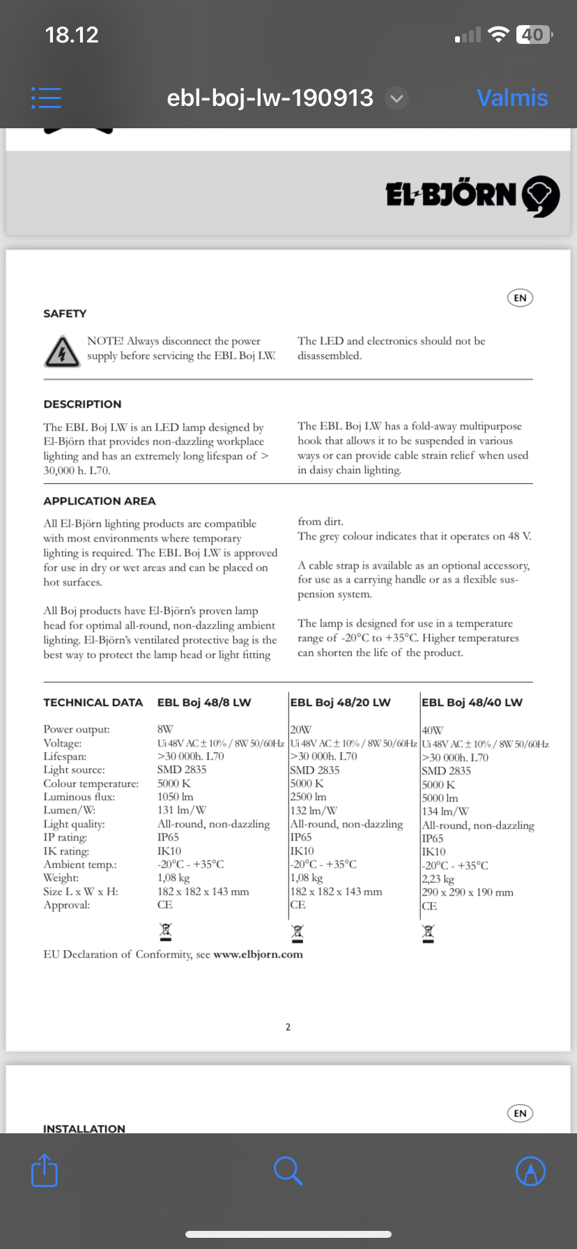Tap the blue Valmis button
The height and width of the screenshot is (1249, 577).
click(x=512, y=98)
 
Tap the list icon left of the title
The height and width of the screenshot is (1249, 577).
click(x=46, y=98)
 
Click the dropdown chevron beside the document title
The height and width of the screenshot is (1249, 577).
click(x=397, y=98)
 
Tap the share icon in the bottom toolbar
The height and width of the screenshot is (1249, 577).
click(x=45, y=1170)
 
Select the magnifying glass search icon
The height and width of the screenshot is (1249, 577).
click(x=287, y=1170)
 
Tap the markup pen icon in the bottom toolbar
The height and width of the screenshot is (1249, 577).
click(x=530, y=1171)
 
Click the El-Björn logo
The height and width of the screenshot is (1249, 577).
click(x=472, y=194)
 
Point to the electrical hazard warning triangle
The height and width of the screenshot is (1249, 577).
click(x=61, y=351)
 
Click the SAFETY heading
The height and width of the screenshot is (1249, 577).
click(x=65, y=314)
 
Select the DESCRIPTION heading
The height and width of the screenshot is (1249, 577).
click(x=82, y=404)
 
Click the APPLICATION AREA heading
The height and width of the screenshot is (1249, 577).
click(x=100, y=501)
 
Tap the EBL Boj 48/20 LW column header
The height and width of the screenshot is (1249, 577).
click(x=340, y=703)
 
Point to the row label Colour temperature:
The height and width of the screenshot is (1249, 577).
click(x=91, y=783)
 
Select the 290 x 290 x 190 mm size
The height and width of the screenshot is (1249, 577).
click(x=468, y=892)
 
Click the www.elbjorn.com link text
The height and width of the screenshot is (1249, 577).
click(x=258, y=954)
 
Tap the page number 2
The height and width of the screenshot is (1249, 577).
click(x=288, y=1027)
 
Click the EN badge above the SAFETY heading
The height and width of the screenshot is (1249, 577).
click(x=520, y=298)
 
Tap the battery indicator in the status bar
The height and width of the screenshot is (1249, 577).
click(x=533, y=34)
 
